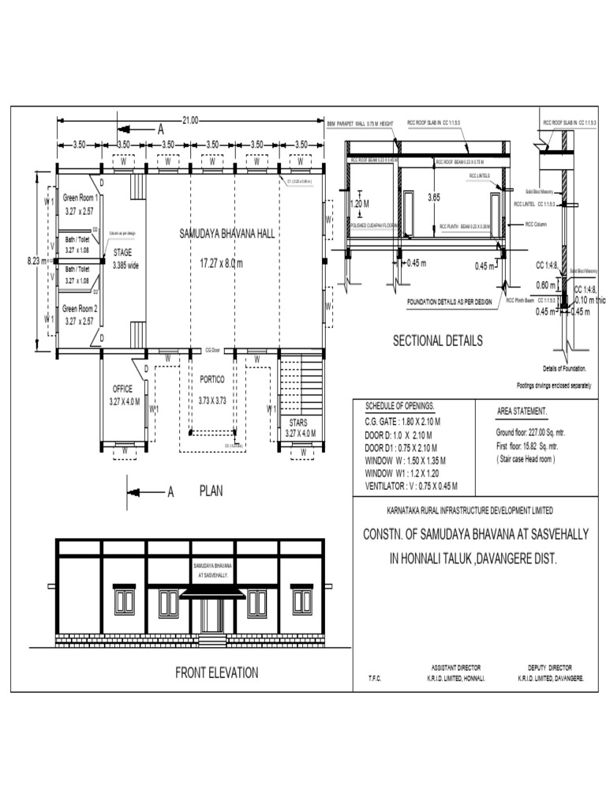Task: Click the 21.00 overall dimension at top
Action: click(189, 120)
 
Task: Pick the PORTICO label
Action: click(211, 379)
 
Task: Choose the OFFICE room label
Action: click(123, 389)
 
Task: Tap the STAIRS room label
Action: click(298, 423)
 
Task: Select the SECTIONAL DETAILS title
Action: click(437, 341)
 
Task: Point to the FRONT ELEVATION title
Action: click(216, 673)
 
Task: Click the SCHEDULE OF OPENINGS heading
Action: click(400, 405)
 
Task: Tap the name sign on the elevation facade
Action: click(212, 571)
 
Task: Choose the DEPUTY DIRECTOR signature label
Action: click(550, 668)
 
